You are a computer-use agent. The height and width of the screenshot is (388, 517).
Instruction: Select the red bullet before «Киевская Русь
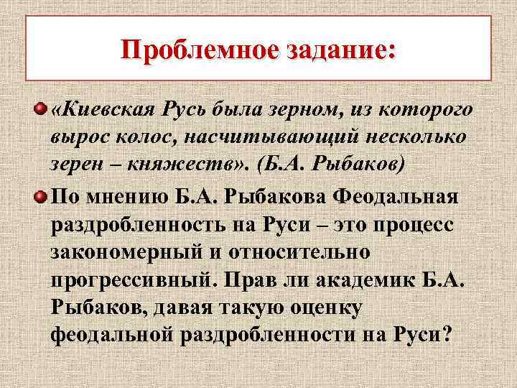(x=43, y=109)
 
